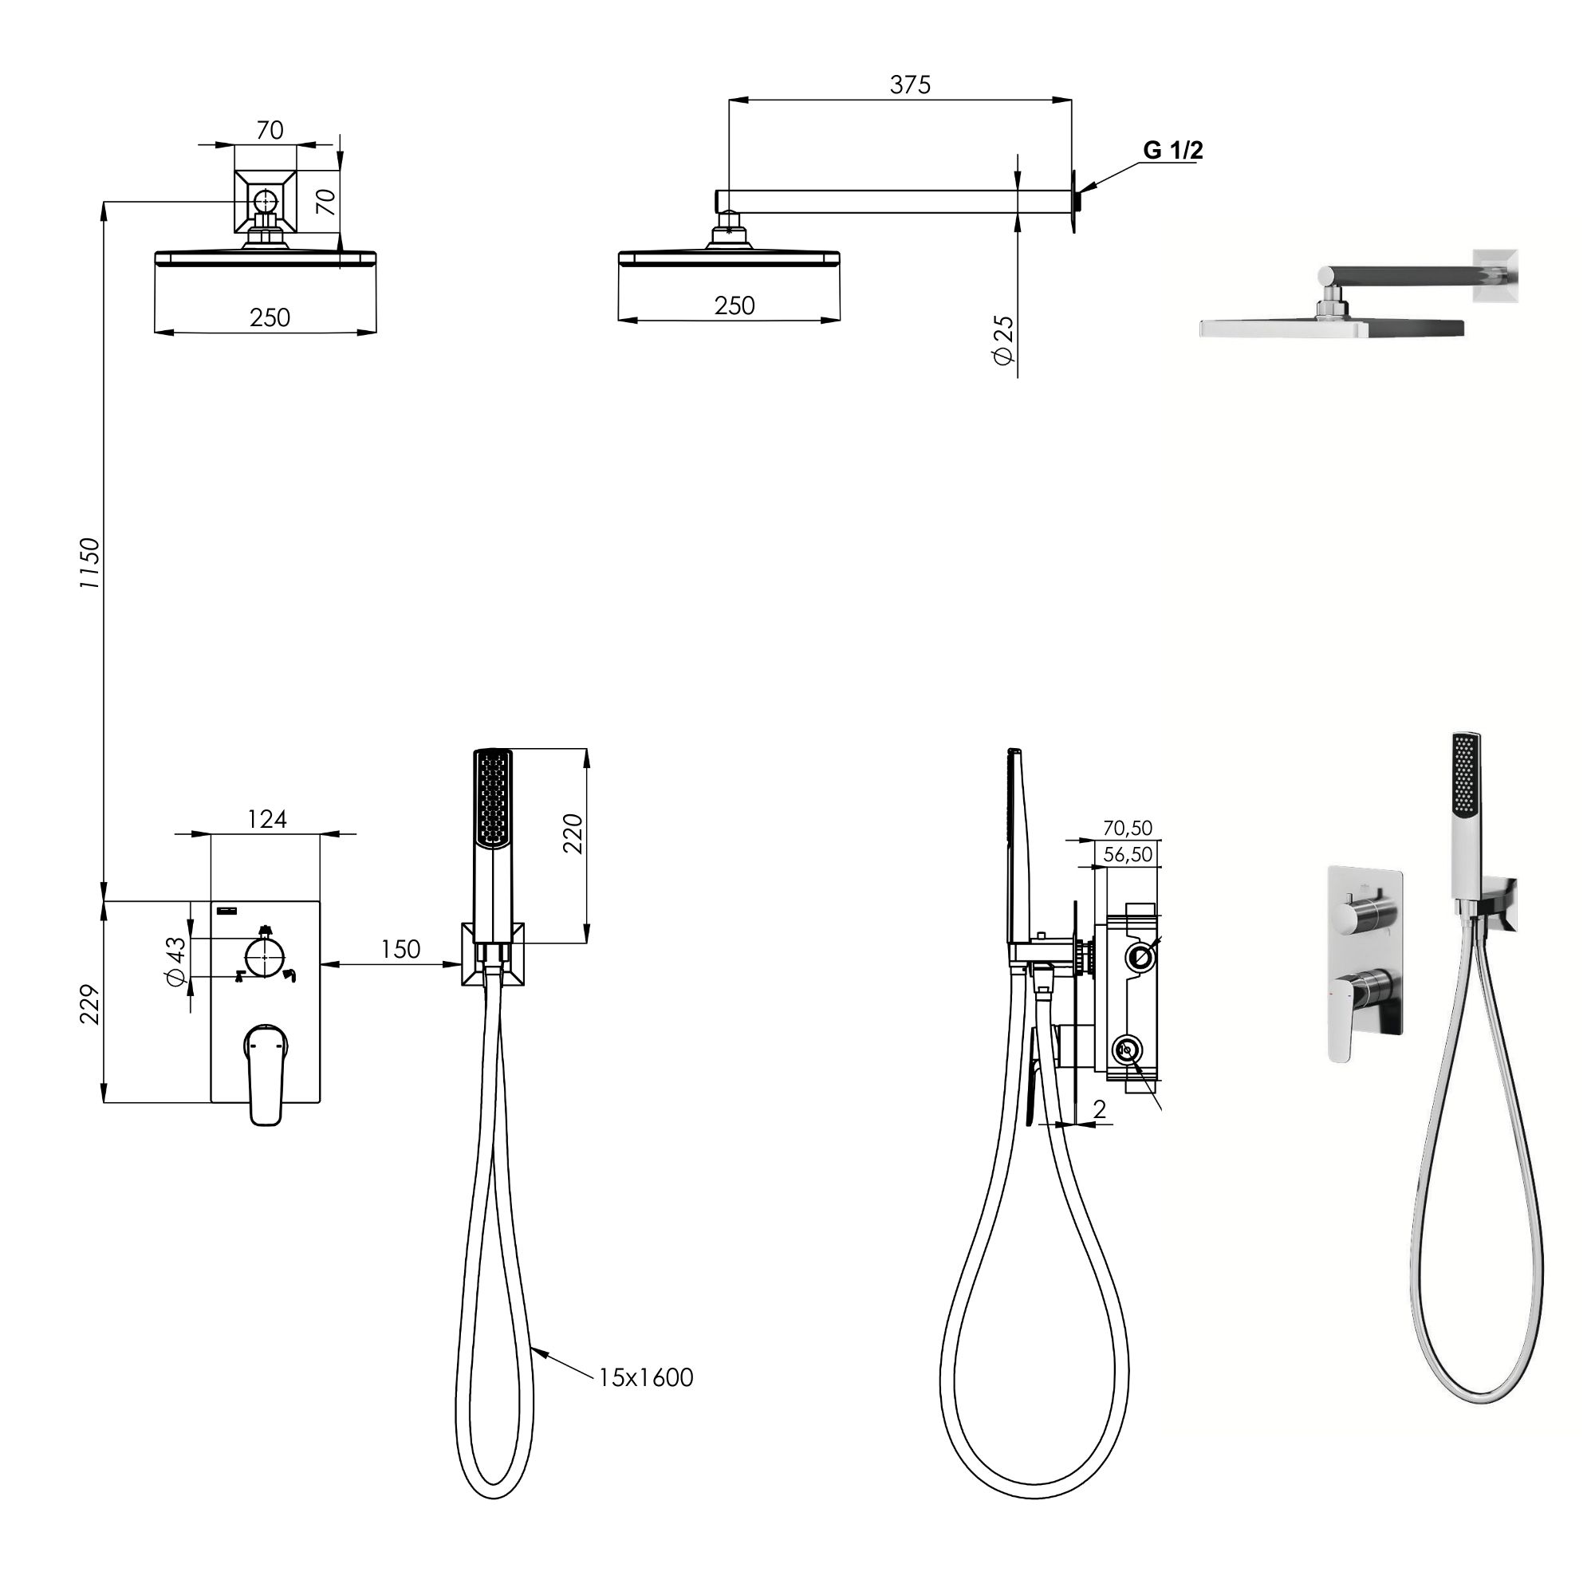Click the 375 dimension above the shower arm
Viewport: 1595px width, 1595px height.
[x=910, y=85]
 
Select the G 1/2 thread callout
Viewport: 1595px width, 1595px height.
[x=1173, y=150]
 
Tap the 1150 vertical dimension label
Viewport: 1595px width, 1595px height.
[x=89, y=562]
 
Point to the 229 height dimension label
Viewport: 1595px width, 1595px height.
[x=89, y=1004]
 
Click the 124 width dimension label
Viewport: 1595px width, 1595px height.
[x=266, y=819]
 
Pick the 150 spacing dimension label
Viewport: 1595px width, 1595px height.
[x=400, y=949]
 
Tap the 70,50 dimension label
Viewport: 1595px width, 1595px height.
[x=1128, y=828]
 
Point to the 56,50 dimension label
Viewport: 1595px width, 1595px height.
[x=1128, y=854]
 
